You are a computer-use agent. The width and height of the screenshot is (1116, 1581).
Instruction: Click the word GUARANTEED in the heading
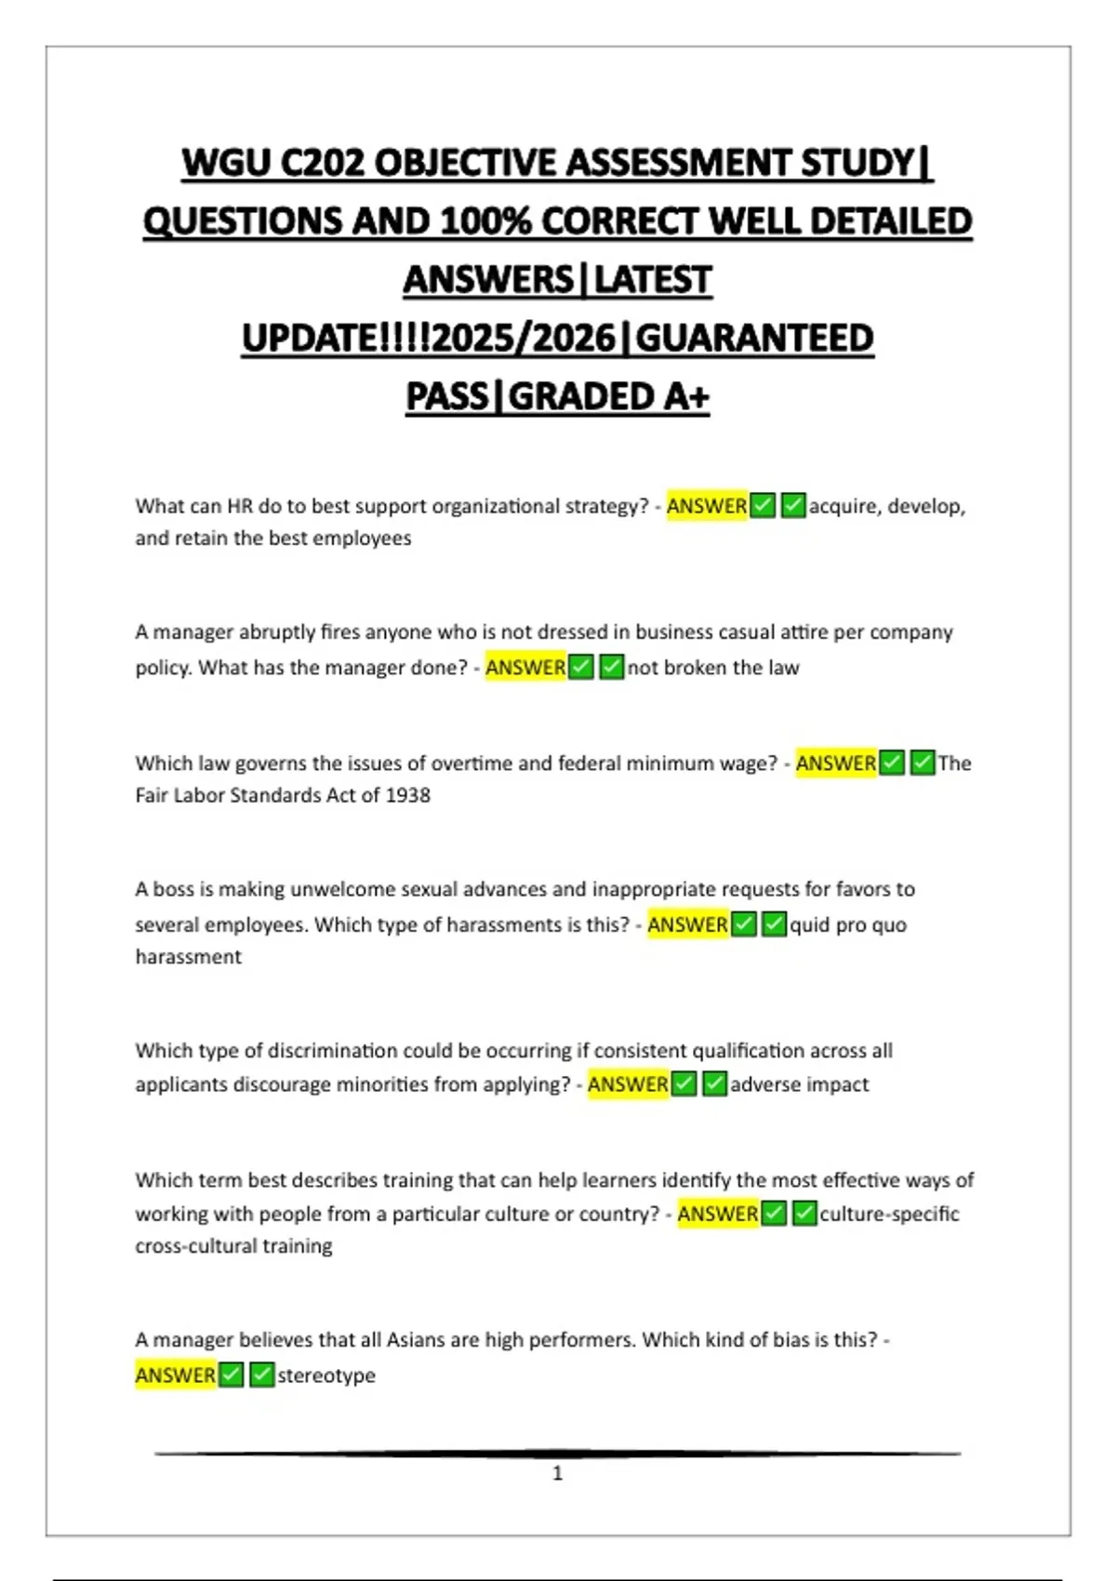click(x=754, y=339)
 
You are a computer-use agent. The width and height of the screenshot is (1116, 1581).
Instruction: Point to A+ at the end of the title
click(x=686, y=397)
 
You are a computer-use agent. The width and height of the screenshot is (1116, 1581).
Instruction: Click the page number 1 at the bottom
click(x=557, y=1473)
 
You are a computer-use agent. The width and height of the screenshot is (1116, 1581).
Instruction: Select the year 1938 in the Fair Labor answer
click(x=407, y=795)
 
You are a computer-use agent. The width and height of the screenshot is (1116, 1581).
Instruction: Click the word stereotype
click(x=326, y=1375)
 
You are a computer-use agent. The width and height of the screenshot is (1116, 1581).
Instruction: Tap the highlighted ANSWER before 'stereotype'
click(x=176, y=1375)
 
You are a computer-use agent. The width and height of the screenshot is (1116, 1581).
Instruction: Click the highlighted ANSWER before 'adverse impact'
click(x=628, y=1084)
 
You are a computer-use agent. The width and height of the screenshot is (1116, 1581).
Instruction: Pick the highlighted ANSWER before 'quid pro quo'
click(x=687, y=924)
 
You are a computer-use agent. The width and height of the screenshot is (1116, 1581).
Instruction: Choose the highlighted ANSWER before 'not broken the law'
click(x=525, y=668)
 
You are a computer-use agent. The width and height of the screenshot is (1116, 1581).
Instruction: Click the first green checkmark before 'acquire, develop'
click(x=763, y=506)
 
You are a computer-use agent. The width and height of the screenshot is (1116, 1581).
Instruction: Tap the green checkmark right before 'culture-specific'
click(x=805, y=1214)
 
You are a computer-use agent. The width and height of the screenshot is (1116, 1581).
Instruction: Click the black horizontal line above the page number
click(x=557, y=1453)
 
